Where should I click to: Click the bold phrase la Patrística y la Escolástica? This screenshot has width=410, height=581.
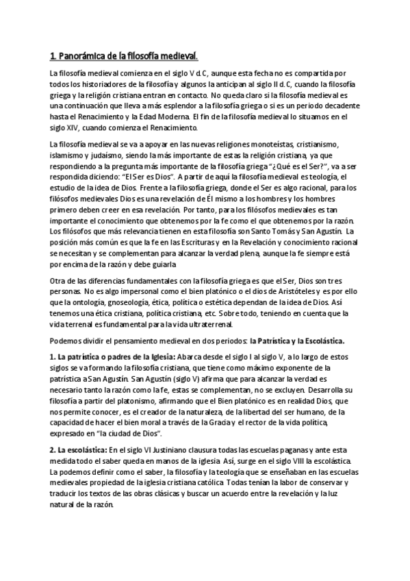coord(297,341)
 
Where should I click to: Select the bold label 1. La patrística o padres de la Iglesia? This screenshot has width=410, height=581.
coord(112,357)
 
